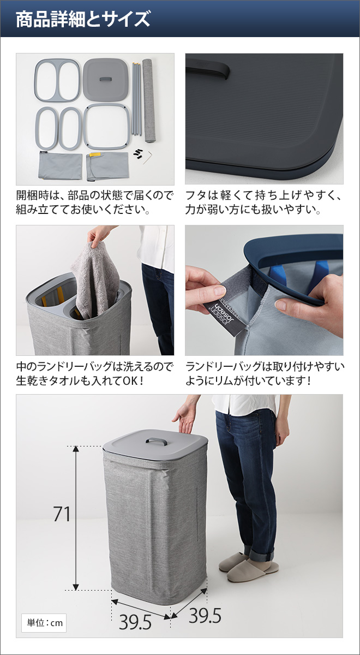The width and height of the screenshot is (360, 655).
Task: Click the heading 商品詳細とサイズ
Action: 82,19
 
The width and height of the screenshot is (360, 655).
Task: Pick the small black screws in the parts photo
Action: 138,152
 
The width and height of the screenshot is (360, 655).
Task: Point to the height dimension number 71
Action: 62,514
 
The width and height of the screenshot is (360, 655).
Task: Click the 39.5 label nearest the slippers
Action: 205,616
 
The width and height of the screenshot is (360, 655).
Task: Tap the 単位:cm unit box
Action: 44,623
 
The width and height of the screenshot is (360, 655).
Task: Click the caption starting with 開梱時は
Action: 95,202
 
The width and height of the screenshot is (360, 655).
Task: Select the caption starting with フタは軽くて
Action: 264,202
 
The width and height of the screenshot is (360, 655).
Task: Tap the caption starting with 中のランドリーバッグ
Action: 95,373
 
